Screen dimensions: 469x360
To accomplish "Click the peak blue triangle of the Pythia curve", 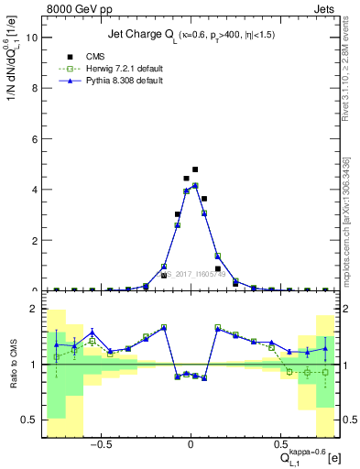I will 195,185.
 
